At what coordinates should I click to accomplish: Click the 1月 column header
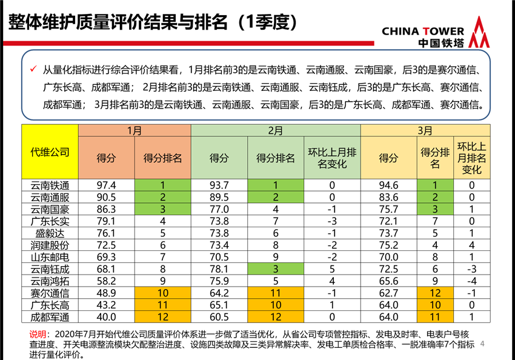tap(135, 130)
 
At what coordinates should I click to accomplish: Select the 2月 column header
tap(276, 130)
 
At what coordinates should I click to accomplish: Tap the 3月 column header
tap(425, 130)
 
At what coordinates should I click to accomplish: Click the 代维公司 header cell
tap(50, 152)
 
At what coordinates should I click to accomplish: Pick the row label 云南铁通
tap(50, 185)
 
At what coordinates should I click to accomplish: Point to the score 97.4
tap(106, 185)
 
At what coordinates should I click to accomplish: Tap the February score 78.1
tap(219, 270)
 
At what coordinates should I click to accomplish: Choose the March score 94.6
tap(388, 185)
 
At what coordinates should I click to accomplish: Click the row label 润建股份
tap(50, 245)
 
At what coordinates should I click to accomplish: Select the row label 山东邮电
tap(50, 258)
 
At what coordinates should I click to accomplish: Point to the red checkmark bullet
tap(34, 70)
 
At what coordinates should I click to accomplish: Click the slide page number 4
tap(482, 344)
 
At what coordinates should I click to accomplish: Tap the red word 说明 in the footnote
tap(38, 334)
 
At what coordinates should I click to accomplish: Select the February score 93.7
tap(219, 185)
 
